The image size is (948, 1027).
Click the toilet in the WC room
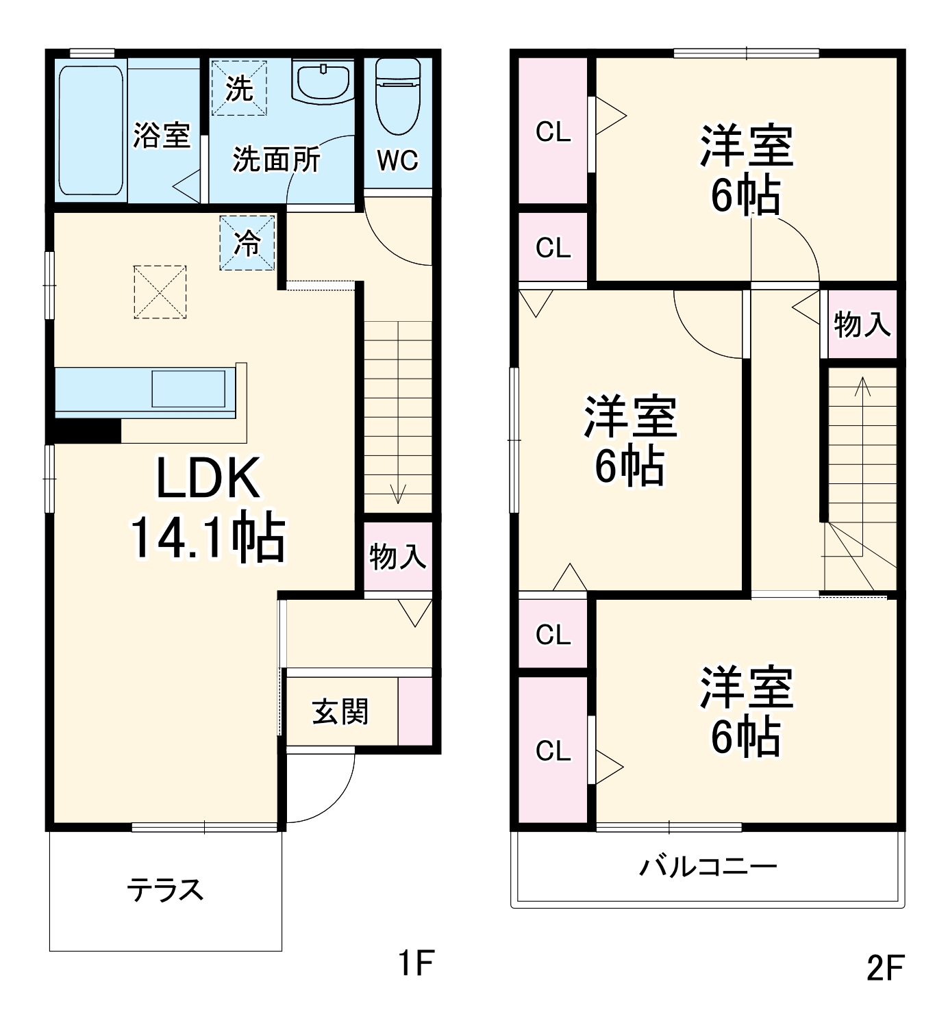(398, 97)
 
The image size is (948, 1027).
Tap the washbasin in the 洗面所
(323, 81)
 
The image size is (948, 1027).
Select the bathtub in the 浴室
(91, 131)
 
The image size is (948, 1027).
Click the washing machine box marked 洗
(238, 88)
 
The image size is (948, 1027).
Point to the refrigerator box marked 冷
(247, 242)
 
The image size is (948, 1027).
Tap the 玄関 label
(340, 712)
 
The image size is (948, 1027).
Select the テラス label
(165, 890)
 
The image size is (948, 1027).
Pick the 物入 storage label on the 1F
(397, 556)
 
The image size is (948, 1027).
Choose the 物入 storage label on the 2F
(862, 323)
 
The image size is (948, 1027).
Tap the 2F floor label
(885, 968)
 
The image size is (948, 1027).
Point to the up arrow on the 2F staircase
(862, 388)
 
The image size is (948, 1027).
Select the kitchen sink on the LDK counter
(188, 389)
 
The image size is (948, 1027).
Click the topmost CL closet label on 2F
(553, 131)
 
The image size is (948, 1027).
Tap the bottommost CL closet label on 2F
(553, 751)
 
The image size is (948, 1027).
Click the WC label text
(397, 160)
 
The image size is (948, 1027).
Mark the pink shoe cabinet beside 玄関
(415, 711)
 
